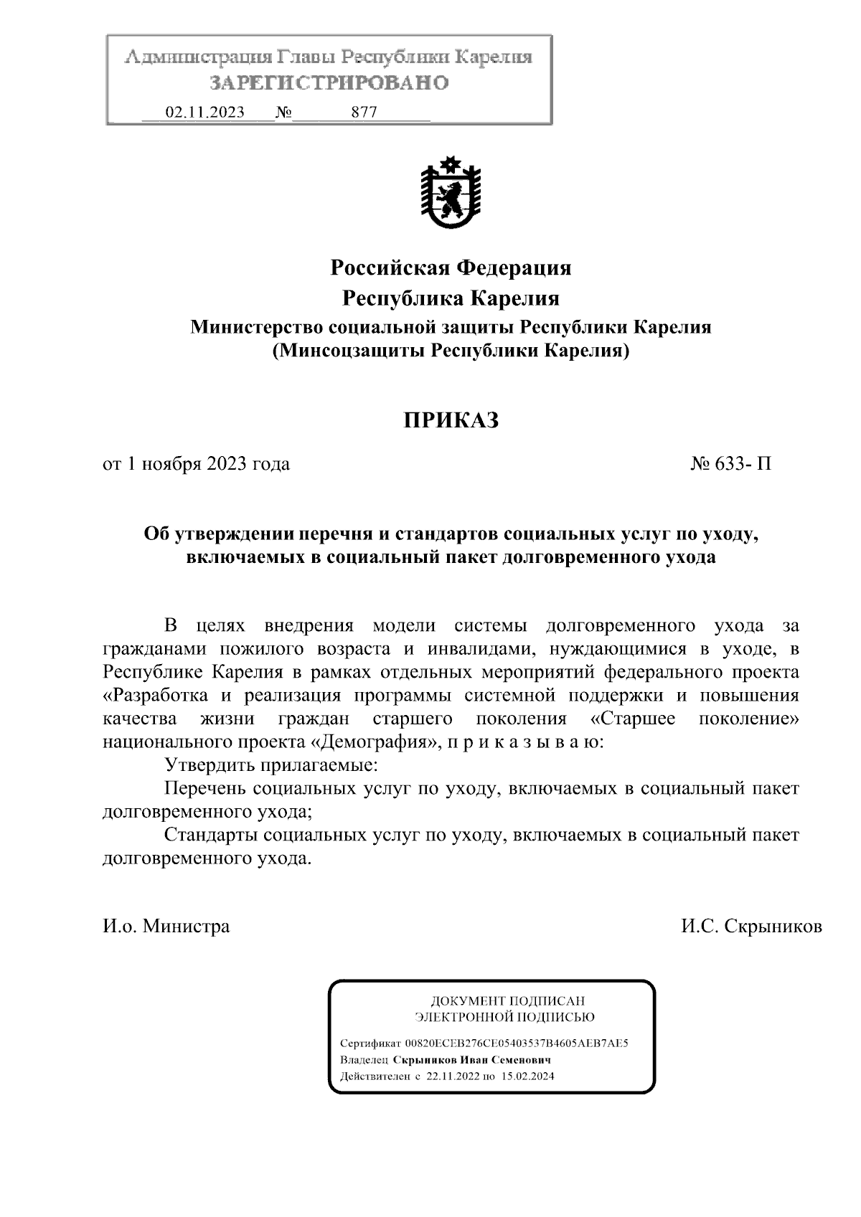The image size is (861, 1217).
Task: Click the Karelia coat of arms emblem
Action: [x=450, y=194]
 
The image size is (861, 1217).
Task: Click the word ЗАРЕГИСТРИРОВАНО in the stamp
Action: [x=329, y=82]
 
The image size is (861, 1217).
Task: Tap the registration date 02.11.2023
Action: [x=204, y=113]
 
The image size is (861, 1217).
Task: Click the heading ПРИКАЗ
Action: [x=450, y=420]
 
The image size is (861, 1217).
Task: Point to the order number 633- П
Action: [x=731, y=464]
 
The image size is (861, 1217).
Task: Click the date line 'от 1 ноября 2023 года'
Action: [x=197, y=464]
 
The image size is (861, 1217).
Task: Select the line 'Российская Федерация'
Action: [x=451, y=268]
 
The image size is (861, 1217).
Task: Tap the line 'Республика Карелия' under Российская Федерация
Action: [x=451, y=298]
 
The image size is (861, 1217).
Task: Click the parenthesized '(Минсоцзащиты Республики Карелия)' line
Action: [x=451, y=351]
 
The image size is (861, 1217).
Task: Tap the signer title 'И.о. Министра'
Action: [x=166, y=927]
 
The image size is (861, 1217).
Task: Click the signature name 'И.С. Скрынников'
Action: [x=751, y=927]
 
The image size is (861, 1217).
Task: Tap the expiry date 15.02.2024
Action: [x=527, y=1076]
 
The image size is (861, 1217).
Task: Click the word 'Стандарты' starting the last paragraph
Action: [x=211, y=835]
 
